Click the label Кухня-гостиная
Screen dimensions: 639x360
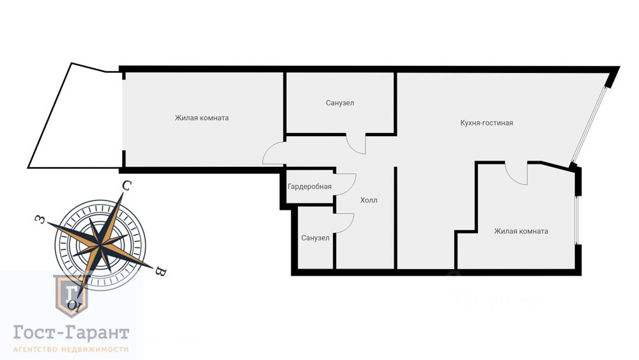pos(486,123)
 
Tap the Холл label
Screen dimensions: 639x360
pos(369,200)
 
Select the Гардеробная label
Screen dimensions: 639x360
pos(309,187)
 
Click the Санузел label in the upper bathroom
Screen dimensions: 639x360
pos(339,103)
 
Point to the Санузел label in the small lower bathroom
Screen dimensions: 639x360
pos(315,238)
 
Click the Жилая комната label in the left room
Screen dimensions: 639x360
pos(201,118)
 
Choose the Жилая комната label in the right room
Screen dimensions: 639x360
pos(521,231)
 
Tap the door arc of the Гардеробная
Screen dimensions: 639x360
pos(347,184)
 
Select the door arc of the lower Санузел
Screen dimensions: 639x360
pos(345,222)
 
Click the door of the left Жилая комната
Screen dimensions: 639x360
pos(273,153)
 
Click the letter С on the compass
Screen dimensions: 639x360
pos(127,186)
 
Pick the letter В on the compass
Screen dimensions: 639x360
pos(161,272)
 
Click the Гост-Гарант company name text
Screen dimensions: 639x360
pos(72,333)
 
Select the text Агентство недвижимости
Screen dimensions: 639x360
pos(72,349)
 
